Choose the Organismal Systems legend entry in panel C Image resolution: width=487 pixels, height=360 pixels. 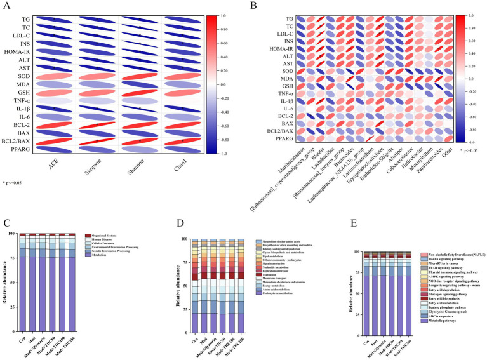[116, 236]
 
